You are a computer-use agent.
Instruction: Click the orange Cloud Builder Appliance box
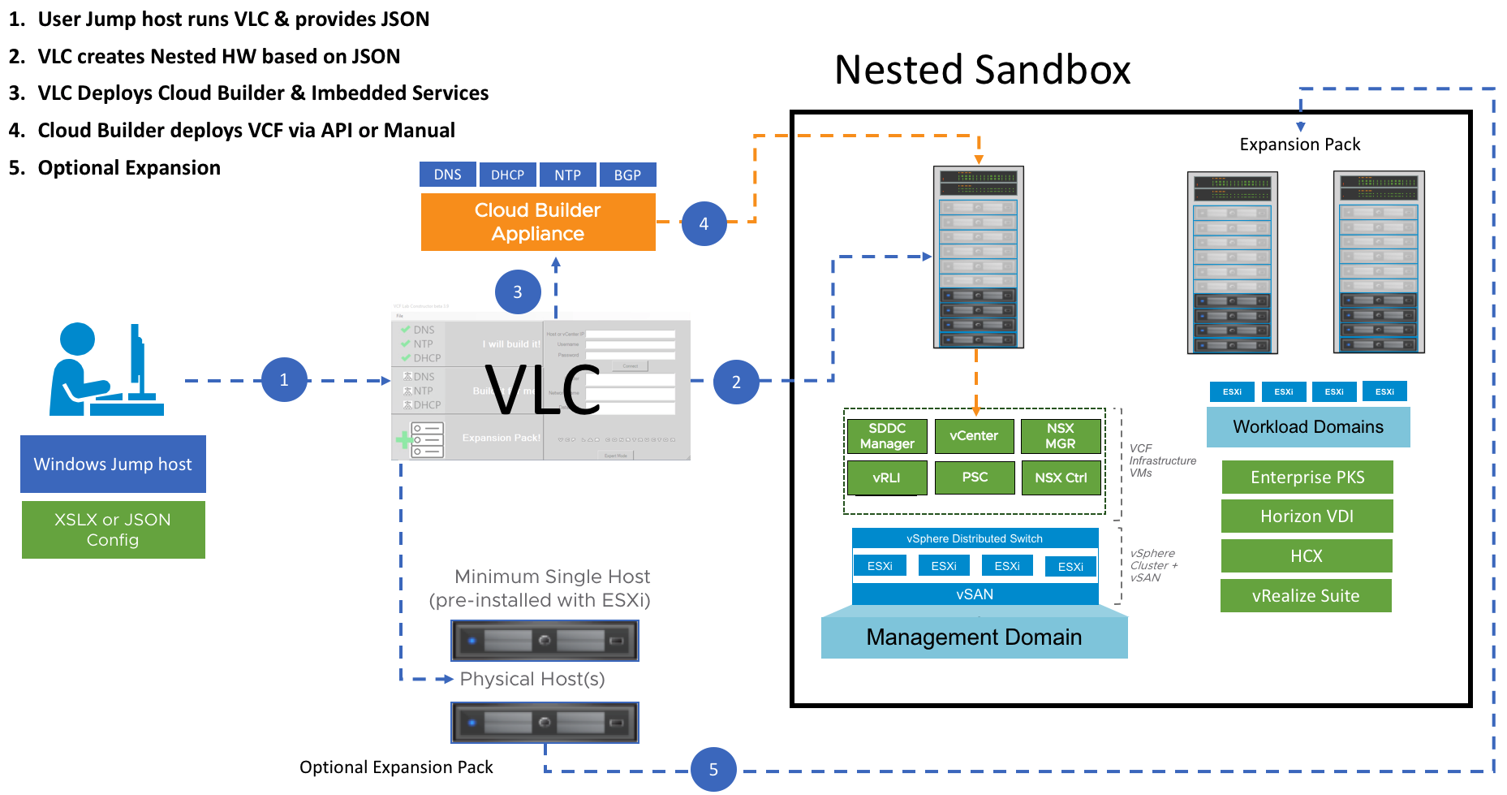[x=537, y=222]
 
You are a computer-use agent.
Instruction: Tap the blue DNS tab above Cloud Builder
[x=447, y=175]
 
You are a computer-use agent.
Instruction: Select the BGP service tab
[x=627, y=175]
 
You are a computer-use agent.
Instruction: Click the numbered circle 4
[x=704, y=223]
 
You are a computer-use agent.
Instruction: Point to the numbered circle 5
[x=713, y=769]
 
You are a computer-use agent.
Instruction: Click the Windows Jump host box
[x=113, y=464]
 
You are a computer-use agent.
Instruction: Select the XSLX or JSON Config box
[x=113, y=529]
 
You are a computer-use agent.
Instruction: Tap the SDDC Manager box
[x=887, y=436]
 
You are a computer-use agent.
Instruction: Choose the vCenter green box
[x=974, y=436]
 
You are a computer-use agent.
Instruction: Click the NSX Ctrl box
[x=1061, y=477]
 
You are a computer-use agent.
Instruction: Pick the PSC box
[x=975, y=477]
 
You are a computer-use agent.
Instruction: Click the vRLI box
[x=887, y=477]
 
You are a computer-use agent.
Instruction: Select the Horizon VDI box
[x=1307, y=516]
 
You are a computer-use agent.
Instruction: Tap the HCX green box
[x=1307, y=556]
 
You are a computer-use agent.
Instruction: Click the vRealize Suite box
[x=1306, y=596]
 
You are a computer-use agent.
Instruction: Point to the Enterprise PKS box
[x=1307, y=477]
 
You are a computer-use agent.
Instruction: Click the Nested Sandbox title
[x=982, y=70]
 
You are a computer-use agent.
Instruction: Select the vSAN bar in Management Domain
[x=975, y=594]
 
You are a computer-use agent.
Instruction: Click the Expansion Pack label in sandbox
[x=1299, y=145]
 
